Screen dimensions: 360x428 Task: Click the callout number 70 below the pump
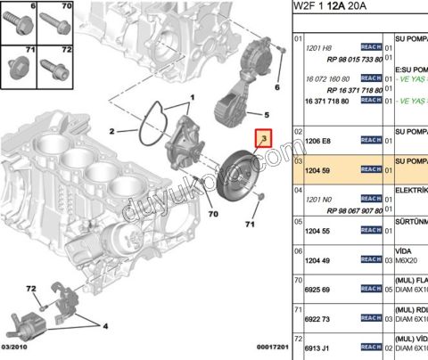pos(213,215)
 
